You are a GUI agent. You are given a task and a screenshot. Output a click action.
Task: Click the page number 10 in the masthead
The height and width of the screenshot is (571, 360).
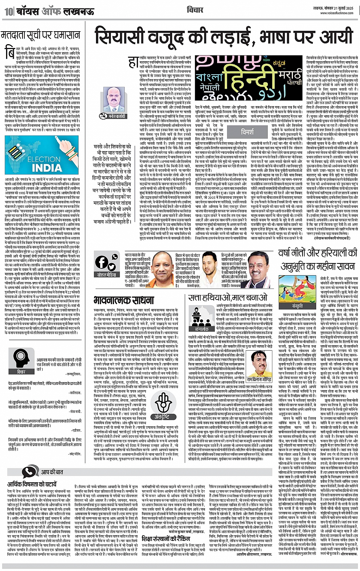click(8, 11)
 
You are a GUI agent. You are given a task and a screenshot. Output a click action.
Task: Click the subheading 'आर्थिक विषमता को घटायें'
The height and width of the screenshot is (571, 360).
click(32, 485)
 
